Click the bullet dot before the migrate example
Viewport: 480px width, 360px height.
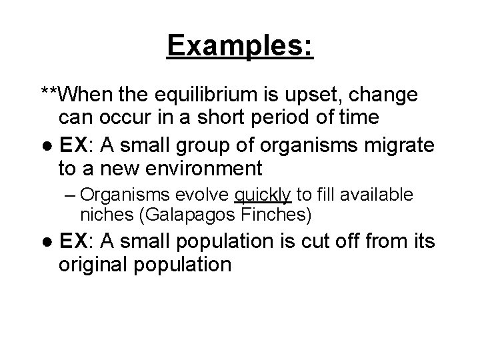[47, 145]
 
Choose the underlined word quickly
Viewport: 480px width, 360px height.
[263, 196]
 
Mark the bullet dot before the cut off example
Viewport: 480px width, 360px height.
[47, 241]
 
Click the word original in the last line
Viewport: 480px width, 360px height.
[98, 264]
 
